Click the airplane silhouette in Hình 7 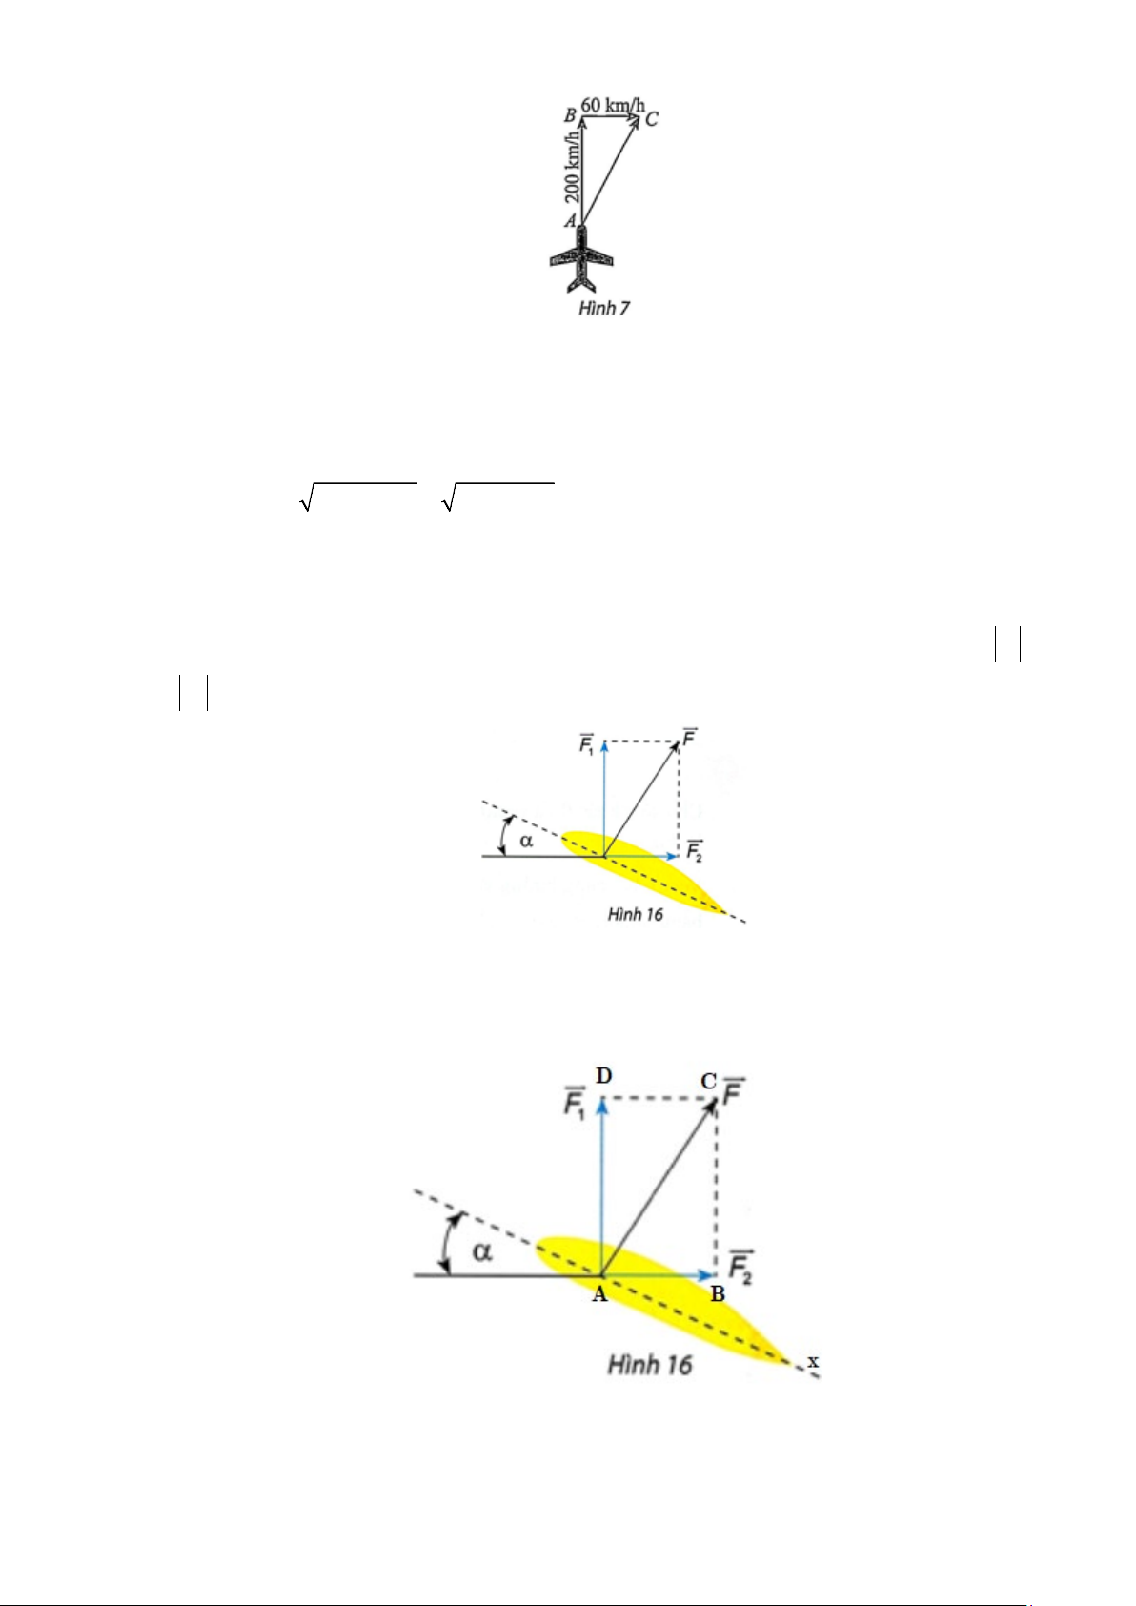[x=582, y=259]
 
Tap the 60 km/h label [x=613, y=104]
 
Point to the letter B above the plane [x=570, y=115]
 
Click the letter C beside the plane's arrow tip [x=651, y=119]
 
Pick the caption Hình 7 [x=604, y=308]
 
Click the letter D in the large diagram [x=603, y=1076]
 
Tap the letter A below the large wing [x=599, y=1294]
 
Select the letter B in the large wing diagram [x=717, y=1293]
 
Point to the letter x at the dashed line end [x=813, y=1361]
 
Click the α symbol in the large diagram [x=482, y=1250]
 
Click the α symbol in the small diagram [x=526, y=840]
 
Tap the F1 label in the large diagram [x=574, y=1106]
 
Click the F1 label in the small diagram [x=587, y=743]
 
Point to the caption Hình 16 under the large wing [x=650, y=1365]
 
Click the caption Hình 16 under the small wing [x=635, y=915]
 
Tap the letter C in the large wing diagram [x=708, y=1081]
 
